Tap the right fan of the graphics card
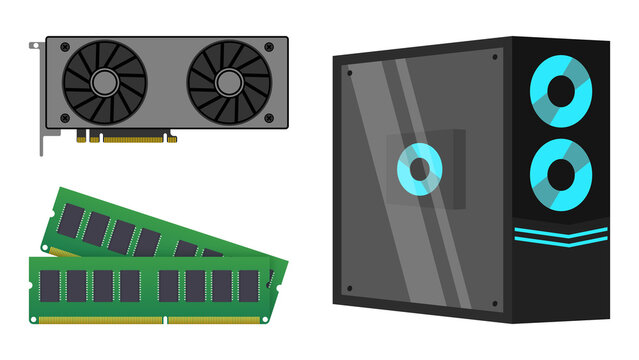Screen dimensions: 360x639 pyautogui.click(x=229, y=81)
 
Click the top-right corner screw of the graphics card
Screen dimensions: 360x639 pyautogui.click(x=269, y=47)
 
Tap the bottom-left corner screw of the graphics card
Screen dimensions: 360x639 pyautogui.click(x=64, y=118)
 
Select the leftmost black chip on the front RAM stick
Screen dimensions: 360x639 pyautogui.click(x=50, y=286)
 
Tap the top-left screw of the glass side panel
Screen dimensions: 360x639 pyautogui.click(x=349, y=73)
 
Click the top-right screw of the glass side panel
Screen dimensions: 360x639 pyautogui.click(x=495, y=58)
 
